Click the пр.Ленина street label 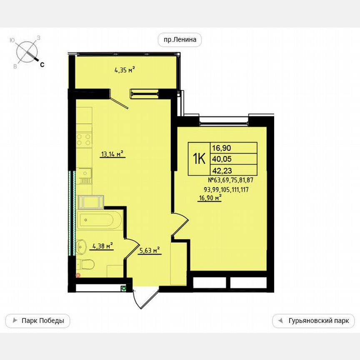[x=180, y=40]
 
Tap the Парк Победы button [x=37, y=321]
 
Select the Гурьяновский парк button [x=313, y=321]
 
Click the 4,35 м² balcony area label [x=125, y=70]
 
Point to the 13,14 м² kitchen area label [x=113, y=154]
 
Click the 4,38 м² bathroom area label [x=102, y=246]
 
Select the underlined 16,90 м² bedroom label [x=209, y=198]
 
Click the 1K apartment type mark [x=199, y=159]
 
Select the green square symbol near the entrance [x=123, y=288]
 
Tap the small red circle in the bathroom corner [x=77, y=275]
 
